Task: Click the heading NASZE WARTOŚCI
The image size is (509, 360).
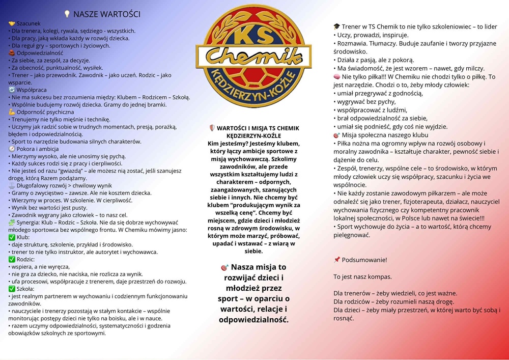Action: tap(106, 14)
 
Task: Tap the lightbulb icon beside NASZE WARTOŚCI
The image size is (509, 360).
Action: tap(67, 14)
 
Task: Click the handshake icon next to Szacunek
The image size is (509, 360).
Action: tap(12, 24)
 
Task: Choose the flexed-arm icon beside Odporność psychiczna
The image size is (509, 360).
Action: tap(12, 112)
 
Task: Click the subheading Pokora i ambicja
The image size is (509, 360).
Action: tap(38, 149)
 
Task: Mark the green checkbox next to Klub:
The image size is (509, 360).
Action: tap(12, 238)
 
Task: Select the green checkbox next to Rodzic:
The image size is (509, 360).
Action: tap(12, 260)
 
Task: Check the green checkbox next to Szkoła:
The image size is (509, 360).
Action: tap(12, 289)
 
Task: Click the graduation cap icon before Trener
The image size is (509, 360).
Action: tap(337, 26)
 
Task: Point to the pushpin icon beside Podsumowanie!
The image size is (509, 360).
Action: tap(337, 260)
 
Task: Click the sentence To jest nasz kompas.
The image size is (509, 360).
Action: tap(362, 277)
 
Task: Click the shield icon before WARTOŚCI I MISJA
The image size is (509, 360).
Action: tap(212, 128)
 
